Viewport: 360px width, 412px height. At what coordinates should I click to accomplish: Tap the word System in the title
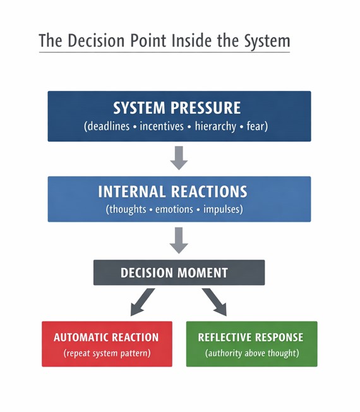coord(260,41)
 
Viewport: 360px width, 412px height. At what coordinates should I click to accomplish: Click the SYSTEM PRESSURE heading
coord(179,107)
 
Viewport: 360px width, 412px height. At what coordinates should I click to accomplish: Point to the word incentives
coord(164,126)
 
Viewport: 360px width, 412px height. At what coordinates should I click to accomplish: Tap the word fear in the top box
coord(258,126)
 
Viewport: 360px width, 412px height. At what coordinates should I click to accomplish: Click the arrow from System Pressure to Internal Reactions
coord(179,157)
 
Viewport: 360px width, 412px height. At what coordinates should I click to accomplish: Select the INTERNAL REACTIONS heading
coord(179,191)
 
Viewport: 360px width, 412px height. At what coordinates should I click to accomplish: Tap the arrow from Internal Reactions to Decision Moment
coord(179,240)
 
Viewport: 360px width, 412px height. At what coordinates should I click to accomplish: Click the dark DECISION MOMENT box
coord(179,273)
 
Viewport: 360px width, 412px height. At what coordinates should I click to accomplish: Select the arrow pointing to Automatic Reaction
coord(141,302)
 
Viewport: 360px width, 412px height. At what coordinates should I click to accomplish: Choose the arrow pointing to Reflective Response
coord(215,302)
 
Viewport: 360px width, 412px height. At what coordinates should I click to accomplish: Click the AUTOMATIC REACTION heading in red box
coord(106,337)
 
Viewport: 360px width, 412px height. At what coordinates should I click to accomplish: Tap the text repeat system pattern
coord(107,353)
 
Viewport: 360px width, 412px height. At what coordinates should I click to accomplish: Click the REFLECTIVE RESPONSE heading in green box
coord(251,337)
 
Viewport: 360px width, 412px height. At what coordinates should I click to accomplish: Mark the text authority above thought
coord(251,353)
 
